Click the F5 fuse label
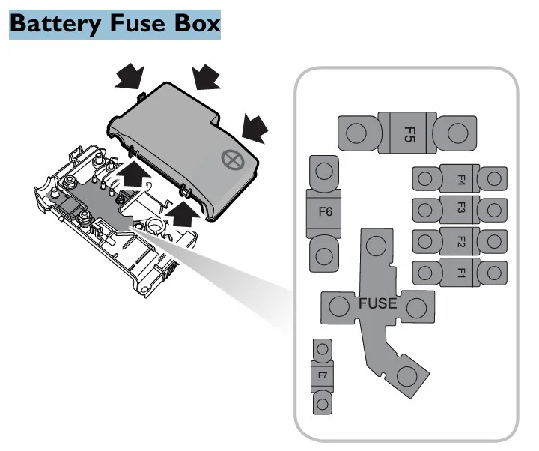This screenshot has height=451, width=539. coord(409,135)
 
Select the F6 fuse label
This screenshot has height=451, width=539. coord(325,212)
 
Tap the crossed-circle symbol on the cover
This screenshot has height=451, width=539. coord(231,160)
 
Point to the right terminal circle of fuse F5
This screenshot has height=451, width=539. coord(454,135)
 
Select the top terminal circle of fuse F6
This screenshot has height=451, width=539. coord(324,172)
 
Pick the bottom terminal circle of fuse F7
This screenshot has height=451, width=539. coord(323,403)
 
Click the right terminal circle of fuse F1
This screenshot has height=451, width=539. coord(493,273)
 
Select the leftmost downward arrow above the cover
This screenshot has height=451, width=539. coord(130,75)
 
